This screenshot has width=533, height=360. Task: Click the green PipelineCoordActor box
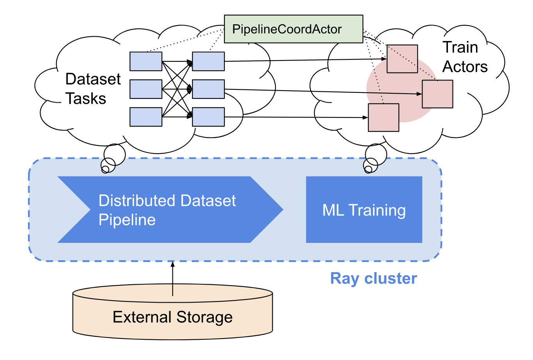click(x=293, y=29)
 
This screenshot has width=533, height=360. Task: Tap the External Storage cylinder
click(x=172, y=317)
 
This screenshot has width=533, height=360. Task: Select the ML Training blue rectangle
click(x=364, y=210)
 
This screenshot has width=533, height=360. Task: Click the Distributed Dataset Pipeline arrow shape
click(x=168, y=210)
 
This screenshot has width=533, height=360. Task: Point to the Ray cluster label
click(x=373, y=278)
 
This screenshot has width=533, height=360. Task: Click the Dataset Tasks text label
click(x=92, y=89)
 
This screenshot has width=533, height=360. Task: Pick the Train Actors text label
click(x=465, y=57)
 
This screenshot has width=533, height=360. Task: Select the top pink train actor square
click(x=402, y=59)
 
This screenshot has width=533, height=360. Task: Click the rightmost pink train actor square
click(x=437, y=94)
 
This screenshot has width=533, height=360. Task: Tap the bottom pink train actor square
click(x=383, y=118)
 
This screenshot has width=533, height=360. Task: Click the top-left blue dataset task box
click(x=146, y=61)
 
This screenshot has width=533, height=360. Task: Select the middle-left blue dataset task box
click(x=146, y=89)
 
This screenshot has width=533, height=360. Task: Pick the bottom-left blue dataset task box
click(x=146, y=117)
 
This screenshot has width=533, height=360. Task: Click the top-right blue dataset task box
click(x=208, y=61)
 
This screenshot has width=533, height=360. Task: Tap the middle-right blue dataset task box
click(x=208, y=89)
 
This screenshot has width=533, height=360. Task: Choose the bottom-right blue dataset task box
click(x=208, y=117)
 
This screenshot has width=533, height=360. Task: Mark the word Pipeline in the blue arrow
click(x=127, y=220)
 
